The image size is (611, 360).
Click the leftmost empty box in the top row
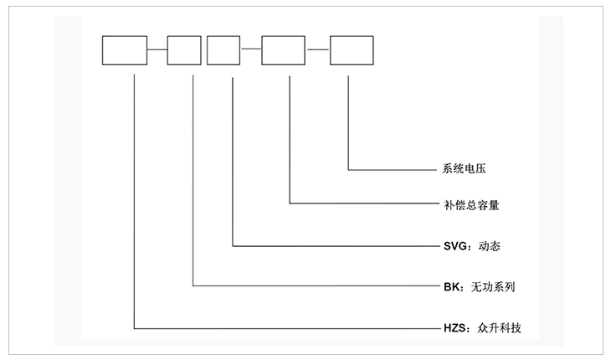click(124, 50)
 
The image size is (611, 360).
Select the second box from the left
click(184, 50)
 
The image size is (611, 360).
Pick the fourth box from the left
click(284, 50)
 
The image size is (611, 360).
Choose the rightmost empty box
click(352, 50)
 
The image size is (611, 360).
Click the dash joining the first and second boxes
click(157, 50)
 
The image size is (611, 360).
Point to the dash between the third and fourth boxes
click(251, 50)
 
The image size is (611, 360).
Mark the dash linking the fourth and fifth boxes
click(318, 50)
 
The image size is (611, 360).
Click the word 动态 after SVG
click(489, 246)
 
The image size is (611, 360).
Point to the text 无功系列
click(492, 286)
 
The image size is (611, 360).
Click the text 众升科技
click(499, 327)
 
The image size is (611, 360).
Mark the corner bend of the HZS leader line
click(135, 327)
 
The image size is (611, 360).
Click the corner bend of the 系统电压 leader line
click(347, 168)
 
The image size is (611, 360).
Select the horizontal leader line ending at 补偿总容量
click(360, 203)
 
